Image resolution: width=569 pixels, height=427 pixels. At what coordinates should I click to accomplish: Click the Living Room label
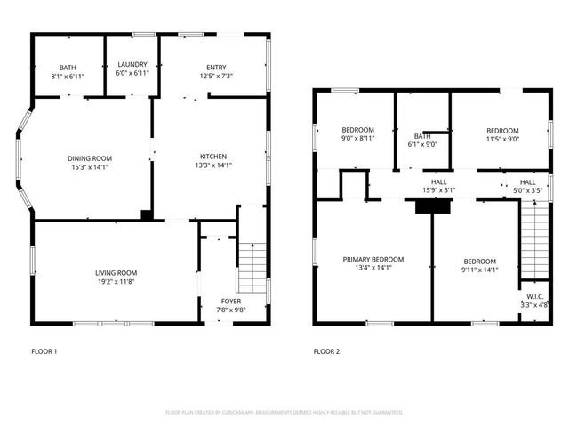tap(116, 273)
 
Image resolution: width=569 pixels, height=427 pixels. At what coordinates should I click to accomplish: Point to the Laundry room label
tap(132, 64)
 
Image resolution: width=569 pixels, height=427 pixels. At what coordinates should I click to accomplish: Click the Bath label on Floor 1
tap(68, 68)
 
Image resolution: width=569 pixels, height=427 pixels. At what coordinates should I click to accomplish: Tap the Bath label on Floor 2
tap(422, 136)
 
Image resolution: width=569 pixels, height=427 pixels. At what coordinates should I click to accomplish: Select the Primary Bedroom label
tap(373, 260)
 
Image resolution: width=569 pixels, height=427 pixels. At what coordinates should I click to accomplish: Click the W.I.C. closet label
tap(534, 297)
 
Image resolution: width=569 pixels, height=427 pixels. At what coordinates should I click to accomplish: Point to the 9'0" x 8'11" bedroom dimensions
tap(357, 139)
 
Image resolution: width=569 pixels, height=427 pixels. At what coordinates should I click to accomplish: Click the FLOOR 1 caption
tap(44, 351)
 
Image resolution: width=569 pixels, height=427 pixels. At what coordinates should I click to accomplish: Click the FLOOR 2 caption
tap(326, 351)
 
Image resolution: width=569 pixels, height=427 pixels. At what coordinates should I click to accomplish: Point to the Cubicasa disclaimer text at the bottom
tap(284, 413)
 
